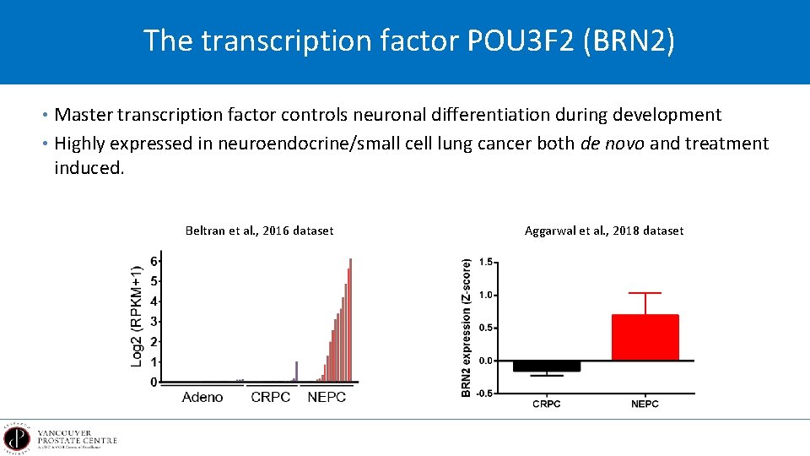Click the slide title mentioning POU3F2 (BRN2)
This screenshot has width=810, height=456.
pos(409,41)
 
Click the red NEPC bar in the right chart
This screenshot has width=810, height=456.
pos(645,338)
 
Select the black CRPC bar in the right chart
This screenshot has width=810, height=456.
pos(547,366)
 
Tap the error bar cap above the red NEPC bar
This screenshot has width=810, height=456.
pos(645,293)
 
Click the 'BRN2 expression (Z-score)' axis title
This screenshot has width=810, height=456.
pos(466,328)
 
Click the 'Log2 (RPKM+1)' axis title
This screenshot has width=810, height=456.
pos(137,316)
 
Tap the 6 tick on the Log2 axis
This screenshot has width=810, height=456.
pos(154,260)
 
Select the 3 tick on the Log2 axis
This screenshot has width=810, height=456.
pos(154,321)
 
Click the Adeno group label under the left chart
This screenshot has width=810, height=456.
pos(202,397)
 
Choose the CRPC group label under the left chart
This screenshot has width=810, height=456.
pos(271,397)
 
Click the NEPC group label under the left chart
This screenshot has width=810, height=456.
pos(327,397)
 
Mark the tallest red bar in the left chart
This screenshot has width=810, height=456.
pos(350,321)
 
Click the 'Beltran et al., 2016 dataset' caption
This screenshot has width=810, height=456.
pos(259,231)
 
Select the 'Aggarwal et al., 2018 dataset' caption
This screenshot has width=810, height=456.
pos(604,231)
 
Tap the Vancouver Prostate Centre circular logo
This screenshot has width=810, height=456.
pos(16,439)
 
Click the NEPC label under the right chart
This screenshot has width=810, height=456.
pos(645,404)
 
